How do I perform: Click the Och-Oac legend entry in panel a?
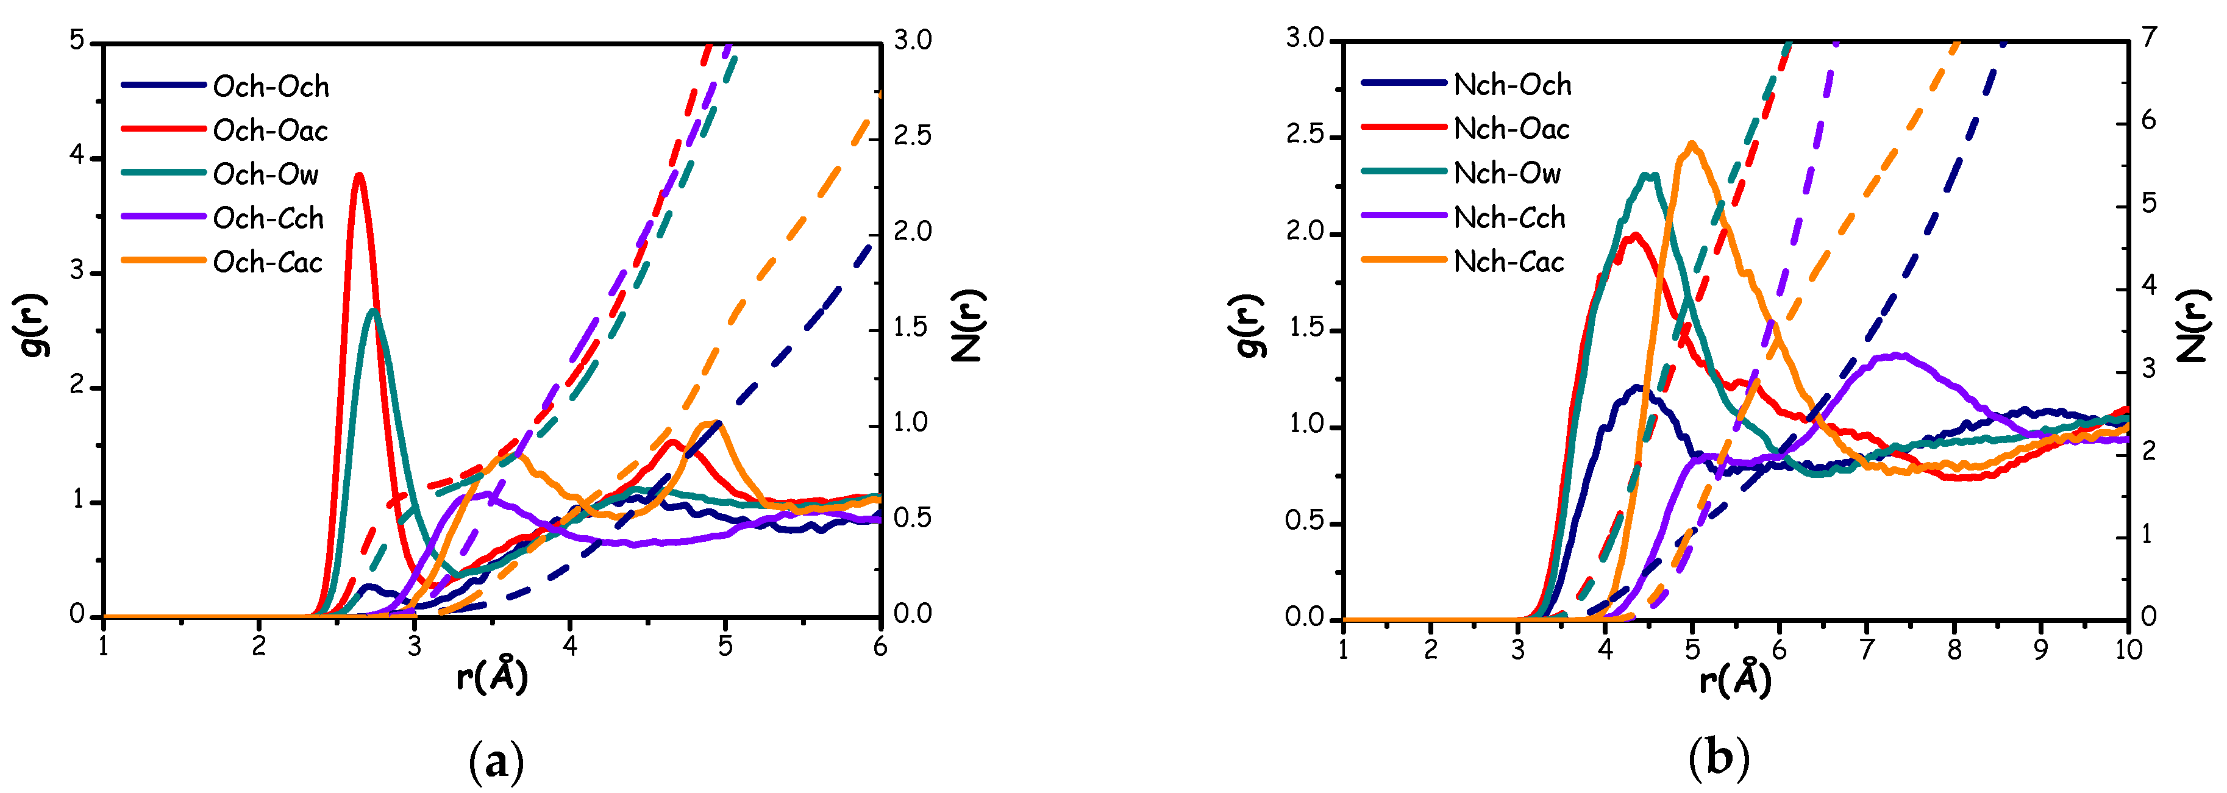269,130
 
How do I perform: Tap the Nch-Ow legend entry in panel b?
1508,173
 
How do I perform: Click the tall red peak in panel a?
359,176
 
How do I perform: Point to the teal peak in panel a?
374,311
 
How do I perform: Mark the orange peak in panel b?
1692,145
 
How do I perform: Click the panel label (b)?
1719,758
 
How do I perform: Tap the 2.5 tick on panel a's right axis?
912,136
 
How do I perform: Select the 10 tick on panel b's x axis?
2128,649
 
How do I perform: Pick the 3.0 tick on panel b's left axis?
1305,39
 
